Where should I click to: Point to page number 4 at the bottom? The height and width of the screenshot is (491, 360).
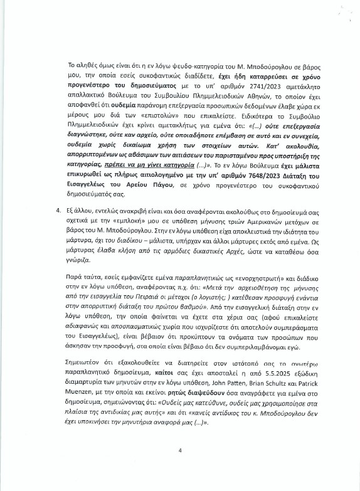pos(179,467)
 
